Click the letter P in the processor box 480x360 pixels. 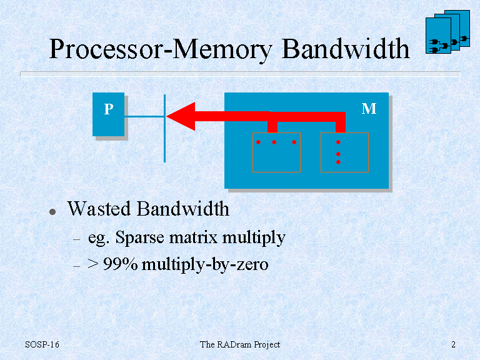click(109, 109)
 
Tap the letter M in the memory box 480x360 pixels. click(369, 109)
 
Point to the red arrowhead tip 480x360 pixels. click(166, 116)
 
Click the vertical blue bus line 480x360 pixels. click(165, 128)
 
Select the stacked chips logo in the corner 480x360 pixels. click(447, 32)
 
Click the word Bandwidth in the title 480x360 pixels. click(346, 49)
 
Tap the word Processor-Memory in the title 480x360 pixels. click(161, 49)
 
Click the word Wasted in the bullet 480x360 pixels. click(99, 209)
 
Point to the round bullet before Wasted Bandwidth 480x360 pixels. click(52, 212)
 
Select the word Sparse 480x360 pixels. click(139, 237)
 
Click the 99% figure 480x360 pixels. click(120, 264)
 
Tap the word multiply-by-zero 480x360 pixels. click(205, 264)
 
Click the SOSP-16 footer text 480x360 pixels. click(42, 344)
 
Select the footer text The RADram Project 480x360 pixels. click(240, 345)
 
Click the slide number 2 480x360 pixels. click(453, 345)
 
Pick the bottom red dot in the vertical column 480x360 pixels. click(338, 162)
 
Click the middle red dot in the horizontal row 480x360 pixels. click(274, 142)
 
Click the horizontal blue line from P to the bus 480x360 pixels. click(144, 116)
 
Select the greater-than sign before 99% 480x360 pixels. click(92, 264)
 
